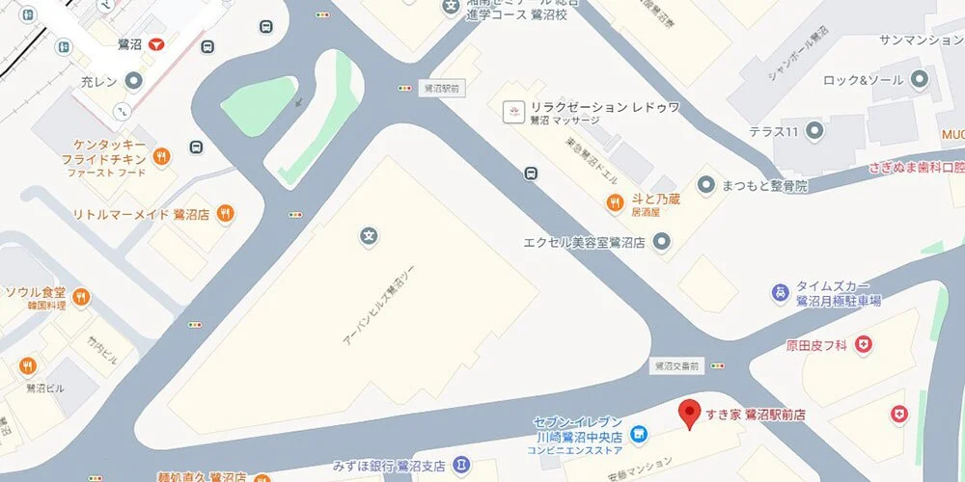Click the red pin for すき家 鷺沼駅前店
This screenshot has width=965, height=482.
click(x=688, y=414)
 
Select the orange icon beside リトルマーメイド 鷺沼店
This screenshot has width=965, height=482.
click(x=225, y=213)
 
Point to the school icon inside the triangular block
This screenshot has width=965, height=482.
click(x=368, y=234)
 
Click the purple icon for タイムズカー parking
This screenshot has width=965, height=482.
click(x=779, y=291)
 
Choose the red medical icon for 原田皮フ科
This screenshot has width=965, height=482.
click(x=865, y=343)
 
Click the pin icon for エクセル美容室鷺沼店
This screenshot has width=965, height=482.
click(x=661, y=243)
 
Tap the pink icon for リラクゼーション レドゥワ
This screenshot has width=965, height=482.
click(x=509, y=113)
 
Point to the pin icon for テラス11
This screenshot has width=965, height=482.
click(x=815, y=130)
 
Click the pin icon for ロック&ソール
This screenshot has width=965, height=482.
click(x=921, y=80)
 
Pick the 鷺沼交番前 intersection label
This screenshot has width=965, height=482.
click(x=675, y=366)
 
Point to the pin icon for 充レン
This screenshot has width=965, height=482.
click(x=134, y=82)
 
